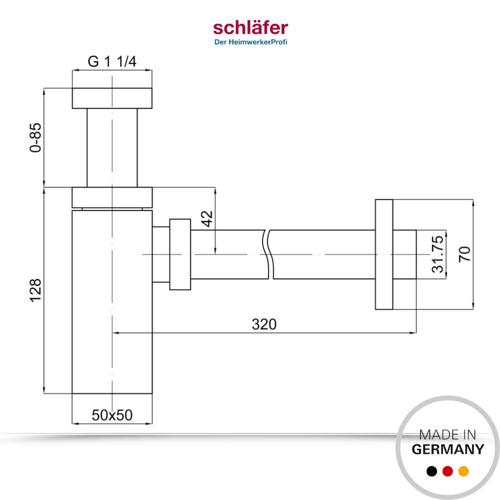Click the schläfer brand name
[250, 28]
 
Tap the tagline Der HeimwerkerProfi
[250, 42]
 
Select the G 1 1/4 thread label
[112, 61]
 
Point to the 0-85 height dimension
[35, 137]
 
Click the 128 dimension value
[35, 290]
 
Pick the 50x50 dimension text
[112, 415]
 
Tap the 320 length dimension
[264, 324]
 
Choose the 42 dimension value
[207, 219]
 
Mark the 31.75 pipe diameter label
[437, 254]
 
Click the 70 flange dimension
[464, 254]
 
